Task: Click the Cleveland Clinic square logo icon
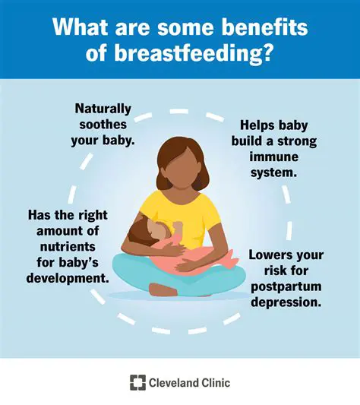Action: coord(138,383)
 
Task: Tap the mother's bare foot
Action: coord(160,290)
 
